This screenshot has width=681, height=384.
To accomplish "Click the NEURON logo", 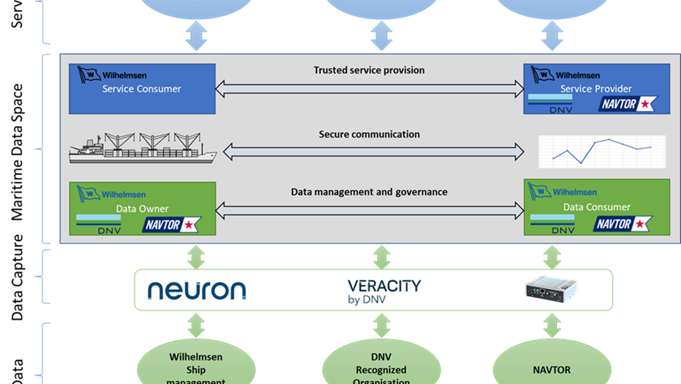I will coord(196,291).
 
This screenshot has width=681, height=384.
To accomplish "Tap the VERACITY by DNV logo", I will coord(381,292).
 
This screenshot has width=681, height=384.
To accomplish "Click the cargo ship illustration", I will coord(143,149).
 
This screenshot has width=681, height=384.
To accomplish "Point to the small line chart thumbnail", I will coord(602,151).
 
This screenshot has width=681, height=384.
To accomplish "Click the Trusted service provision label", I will coord(369,70).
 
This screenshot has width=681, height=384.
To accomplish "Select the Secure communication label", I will coord(369,134).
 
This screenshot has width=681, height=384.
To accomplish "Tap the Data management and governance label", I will coord(369,191).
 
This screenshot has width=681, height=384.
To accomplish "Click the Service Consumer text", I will coord(142,89).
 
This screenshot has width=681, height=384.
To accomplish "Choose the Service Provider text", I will coord(596,89).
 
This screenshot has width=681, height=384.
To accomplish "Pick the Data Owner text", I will coord(142,209).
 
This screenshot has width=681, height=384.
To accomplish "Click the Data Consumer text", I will coord(597,207).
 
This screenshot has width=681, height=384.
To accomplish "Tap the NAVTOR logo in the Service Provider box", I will coord(627,104).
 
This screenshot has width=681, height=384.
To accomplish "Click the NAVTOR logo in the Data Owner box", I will coord(172,224).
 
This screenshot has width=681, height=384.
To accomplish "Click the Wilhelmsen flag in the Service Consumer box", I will coord(89,74).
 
